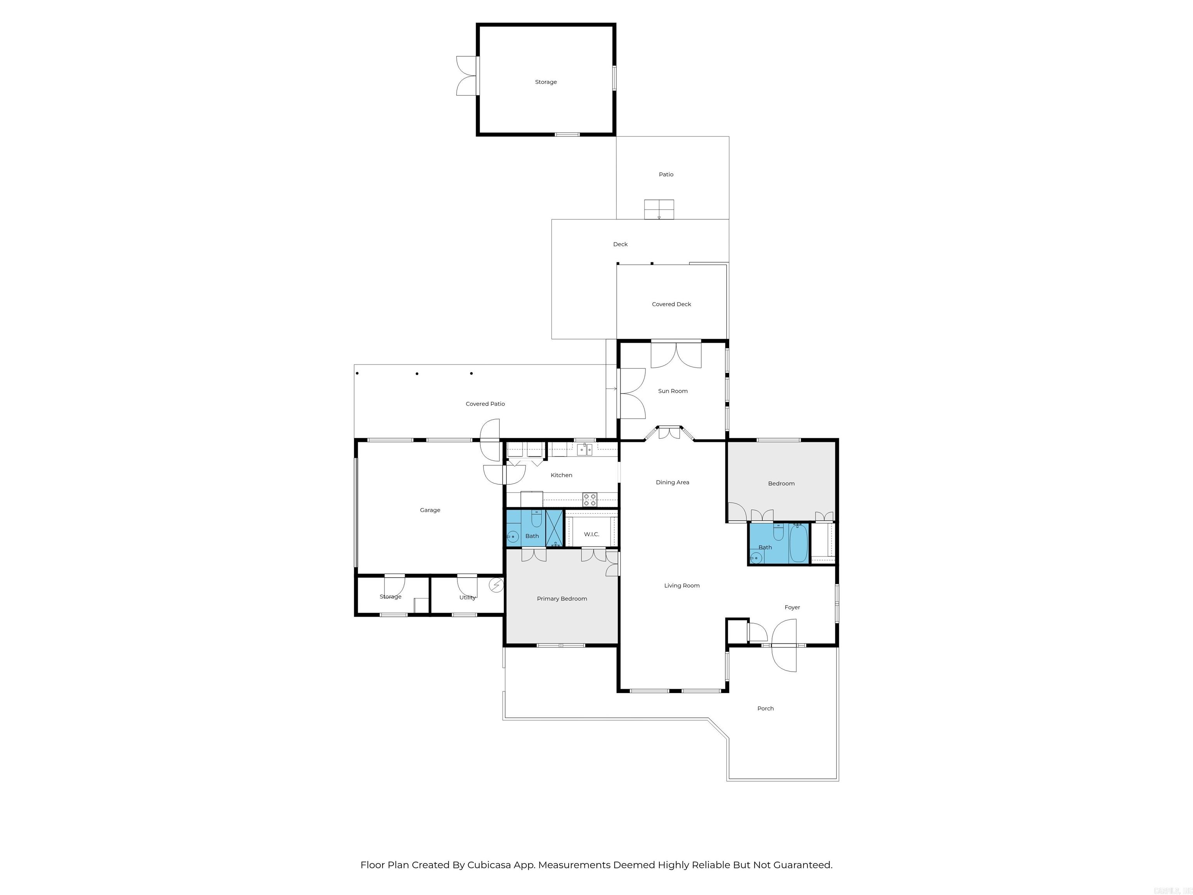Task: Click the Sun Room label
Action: point(673,391)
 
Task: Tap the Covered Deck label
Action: point(671,304)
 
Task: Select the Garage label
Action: point(430,510)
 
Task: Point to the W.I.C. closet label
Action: point(591,534)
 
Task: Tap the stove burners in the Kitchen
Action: point(590,500)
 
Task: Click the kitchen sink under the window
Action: point(584,449)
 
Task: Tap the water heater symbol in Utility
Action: point(496,585)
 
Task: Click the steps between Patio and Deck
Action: point(659,209)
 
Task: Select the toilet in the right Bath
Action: point(778,533)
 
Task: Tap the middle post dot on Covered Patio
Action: point(417,373)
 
